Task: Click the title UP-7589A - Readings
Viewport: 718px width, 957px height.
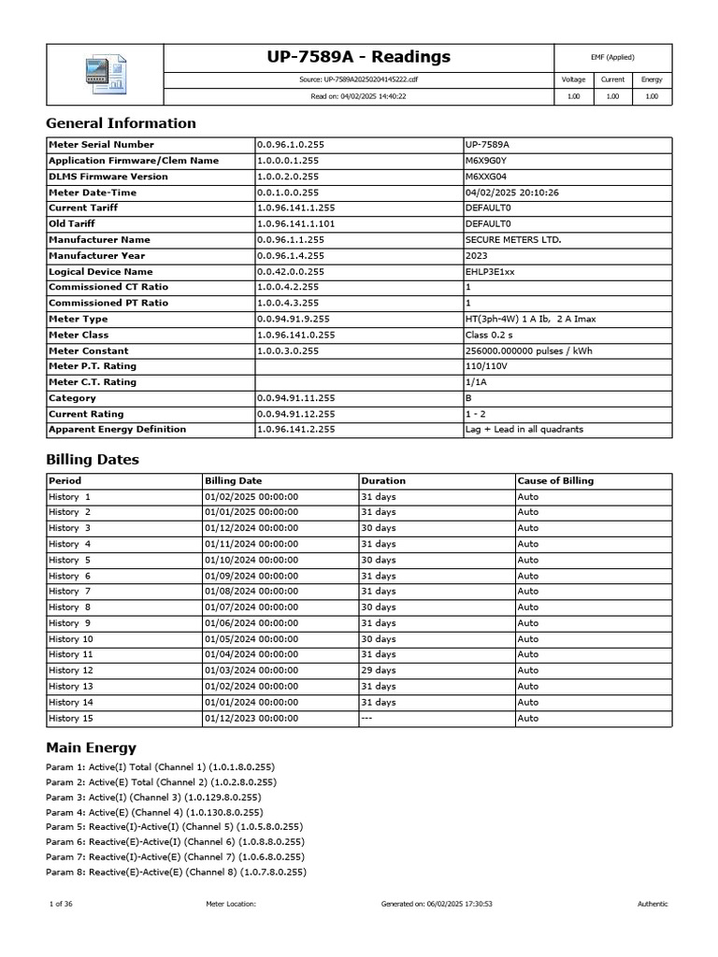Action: (x=358, y=57)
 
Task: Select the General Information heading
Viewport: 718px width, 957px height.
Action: (x=121, y=123)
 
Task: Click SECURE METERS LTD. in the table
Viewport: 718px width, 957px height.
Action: (x=513, y=240)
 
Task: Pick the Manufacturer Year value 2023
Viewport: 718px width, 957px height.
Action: (x=477, y=256)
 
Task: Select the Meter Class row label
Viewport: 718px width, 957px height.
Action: (x=79, y=335)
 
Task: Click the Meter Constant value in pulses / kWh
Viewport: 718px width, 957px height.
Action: (x=530, y=350)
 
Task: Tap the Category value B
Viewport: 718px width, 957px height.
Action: (x=469, y=398)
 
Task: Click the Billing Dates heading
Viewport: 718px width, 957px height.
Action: (x=93, y=460)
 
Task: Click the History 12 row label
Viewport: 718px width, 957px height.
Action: (x=71, y=670)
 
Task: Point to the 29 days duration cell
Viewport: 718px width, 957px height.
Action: (x=378, y=670)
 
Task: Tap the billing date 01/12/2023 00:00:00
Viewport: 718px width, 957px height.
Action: (x=251, y=718)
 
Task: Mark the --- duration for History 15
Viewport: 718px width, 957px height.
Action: (x=368, y=718)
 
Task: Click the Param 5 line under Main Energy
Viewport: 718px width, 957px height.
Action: (x=174, y=826)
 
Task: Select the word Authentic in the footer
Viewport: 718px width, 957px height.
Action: (x=653, y=904)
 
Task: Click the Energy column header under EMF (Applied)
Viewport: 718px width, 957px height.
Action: (x=652, y=80)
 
